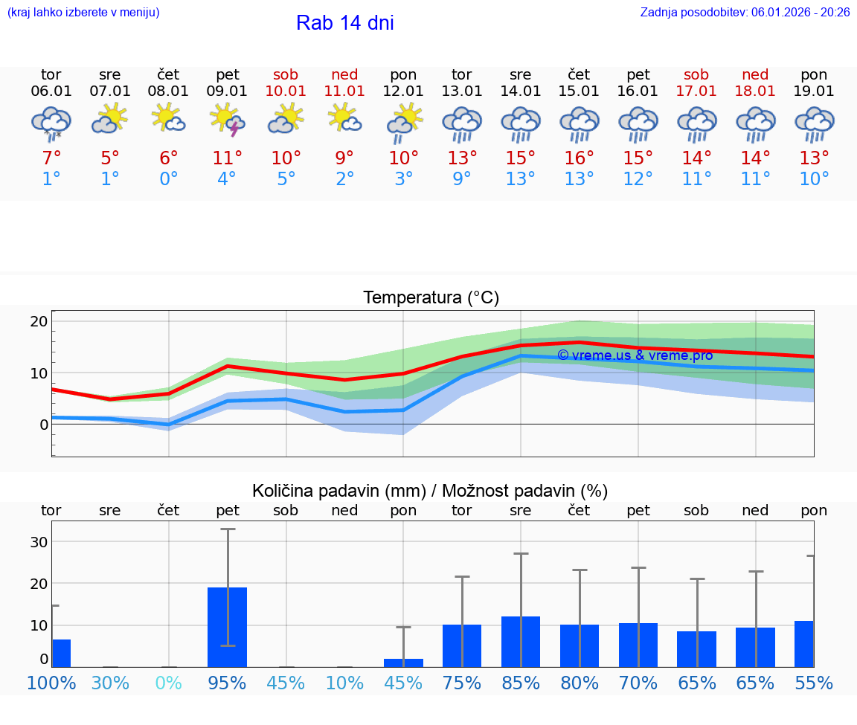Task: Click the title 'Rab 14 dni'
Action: (x=344, y=23)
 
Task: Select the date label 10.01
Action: (x=286, y=91)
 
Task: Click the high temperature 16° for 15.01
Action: (x=579, y=158)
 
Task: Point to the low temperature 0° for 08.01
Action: (x=169, y=179)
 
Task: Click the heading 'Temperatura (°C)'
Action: (x=431, y=298)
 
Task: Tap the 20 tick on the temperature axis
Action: (x=39, y=322)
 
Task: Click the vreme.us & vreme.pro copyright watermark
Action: (x=635, y=355)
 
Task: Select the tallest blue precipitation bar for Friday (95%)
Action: (x=227, y=627)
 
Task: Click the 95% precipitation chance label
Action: (x=227, y=683)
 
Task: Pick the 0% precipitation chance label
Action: (x=169, y=683)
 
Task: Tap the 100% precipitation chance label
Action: (x=51, y=683)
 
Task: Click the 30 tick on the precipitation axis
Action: (x=39, y=542)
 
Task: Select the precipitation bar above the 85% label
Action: (x=521, y=642)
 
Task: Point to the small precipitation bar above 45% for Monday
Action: (x=403, y=663)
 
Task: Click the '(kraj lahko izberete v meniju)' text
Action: (x=83, y=13)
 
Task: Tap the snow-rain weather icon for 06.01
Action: (x=51, y=123)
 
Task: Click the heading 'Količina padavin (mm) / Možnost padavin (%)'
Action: (x=430, y=491)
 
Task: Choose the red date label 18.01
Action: (x=755, y=91)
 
